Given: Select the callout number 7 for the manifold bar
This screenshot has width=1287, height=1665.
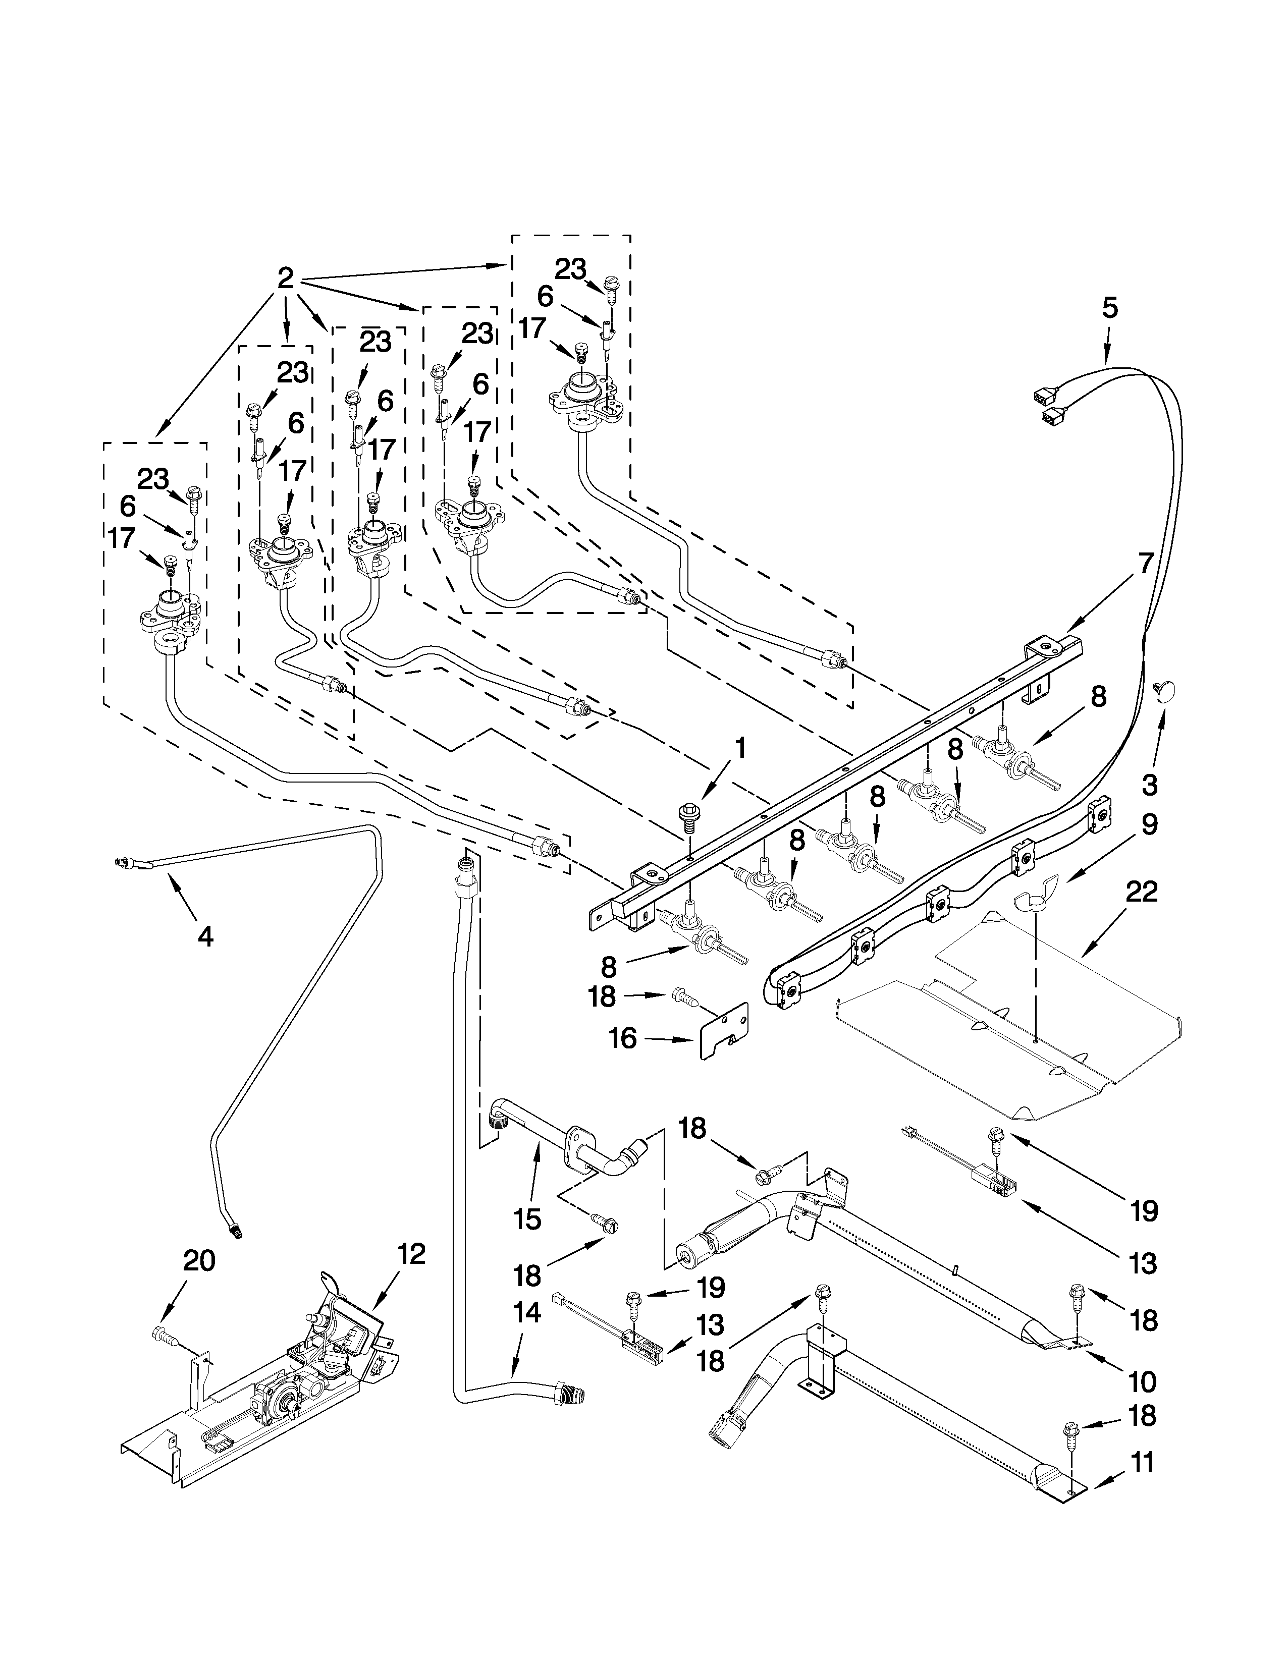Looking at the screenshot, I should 1146,564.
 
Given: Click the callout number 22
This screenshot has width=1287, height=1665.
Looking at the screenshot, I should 1141,891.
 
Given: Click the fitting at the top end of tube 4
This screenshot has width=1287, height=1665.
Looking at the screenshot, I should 122,862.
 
